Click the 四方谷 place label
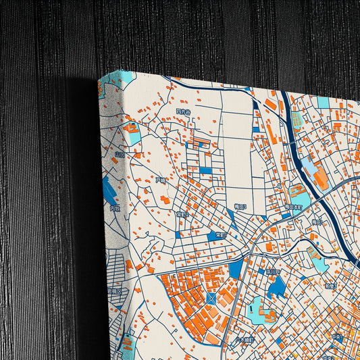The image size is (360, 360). (x=183, y=111)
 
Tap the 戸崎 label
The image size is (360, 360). (x=161, y=181)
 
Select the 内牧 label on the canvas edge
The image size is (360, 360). (x=114, y=209)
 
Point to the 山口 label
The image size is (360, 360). (x=120, y=155)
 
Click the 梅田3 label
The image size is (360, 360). (x=241, y=207)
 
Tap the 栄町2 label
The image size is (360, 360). (x=182, y=215)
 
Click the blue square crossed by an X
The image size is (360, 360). (x=212, y=298)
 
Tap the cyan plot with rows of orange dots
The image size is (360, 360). (x=201, y=143)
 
